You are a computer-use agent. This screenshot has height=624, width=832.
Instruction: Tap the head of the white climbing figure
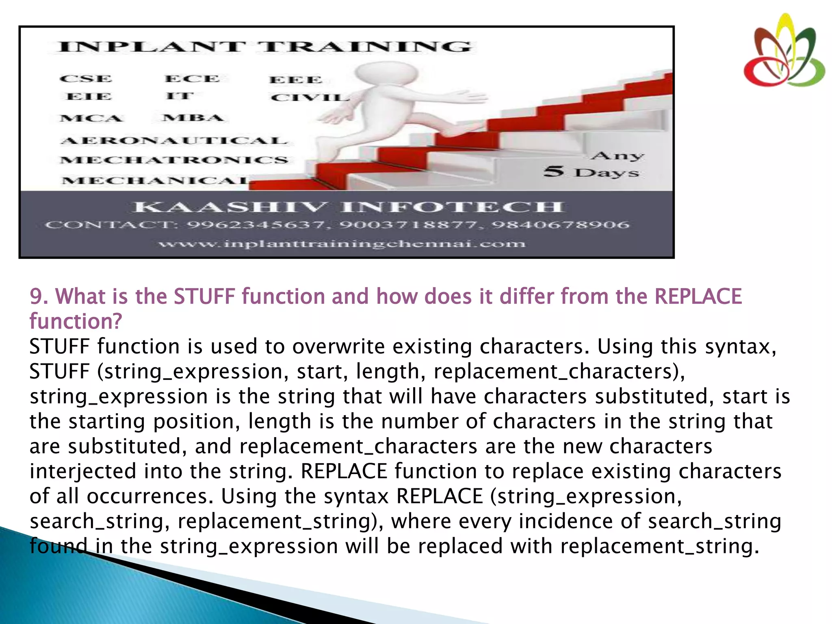coord(386,75)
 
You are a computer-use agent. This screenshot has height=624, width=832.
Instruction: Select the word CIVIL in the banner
coord(310,98)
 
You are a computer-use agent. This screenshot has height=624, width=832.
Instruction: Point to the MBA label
coord(193,118)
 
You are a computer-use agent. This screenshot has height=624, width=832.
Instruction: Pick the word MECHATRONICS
coord(174,160)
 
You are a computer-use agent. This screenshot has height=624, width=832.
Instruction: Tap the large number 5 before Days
coord(554,171)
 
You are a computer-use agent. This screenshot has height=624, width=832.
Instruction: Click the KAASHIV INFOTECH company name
coord(348,207)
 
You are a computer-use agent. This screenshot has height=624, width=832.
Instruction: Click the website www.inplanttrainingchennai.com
coord(342,244)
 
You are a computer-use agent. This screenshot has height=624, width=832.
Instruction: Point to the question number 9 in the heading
coord(37,296)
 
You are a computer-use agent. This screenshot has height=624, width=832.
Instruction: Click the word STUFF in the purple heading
coord(204,296)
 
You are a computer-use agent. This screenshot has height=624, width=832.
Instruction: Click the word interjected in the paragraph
coord(83,471)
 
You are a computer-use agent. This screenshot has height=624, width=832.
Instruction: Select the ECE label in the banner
coord(192,79)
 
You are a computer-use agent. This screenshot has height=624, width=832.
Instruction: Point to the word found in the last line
coord(58,546)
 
